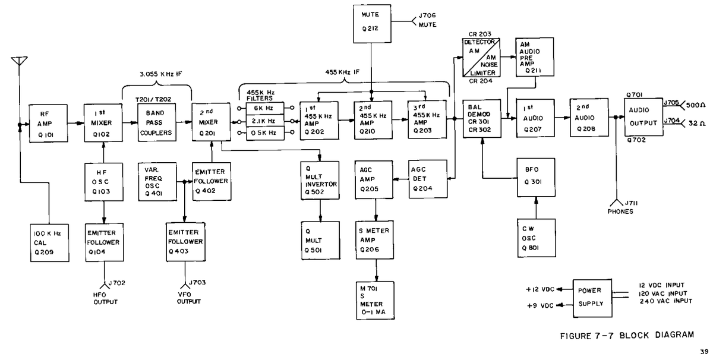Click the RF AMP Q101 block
[x=48, y=123]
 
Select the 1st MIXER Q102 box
[x=103, y=122]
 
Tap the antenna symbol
[x=19, y=61]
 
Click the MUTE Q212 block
[x=372, y=24]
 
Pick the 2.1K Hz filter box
[x=265, y=121]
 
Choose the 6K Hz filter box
[x=265, y=109]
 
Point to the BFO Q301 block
[x=536, y=177]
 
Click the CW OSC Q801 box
[x=537, y=238]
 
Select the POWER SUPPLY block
[x=592, y=298]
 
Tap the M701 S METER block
[x=376, y=300]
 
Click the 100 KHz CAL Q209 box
[x=50, y=243]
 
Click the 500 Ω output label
[x=696, y=105]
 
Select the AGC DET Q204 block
[x=428, y=179]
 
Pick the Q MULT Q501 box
[x=320, y=241]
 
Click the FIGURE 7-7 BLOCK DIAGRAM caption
[x=627, y=336]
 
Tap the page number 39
[x=704, y=352]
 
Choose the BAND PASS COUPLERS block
[x=157, y=122]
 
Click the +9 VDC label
[x=540, y=305]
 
